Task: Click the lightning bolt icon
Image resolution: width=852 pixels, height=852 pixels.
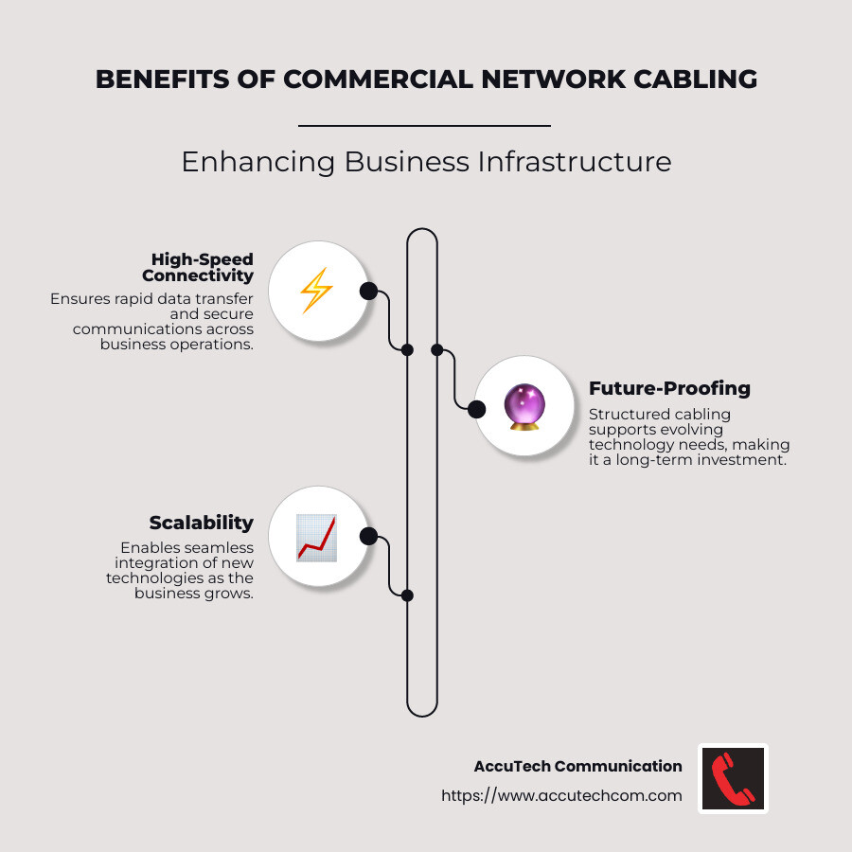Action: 316,291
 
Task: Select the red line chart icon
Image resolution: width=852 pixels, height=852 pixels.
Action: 316,537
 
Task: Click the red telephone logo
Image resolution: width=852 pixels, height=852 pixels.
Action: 733,778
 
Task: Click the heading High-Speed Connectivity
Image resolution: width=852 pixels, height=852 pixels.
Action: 198,267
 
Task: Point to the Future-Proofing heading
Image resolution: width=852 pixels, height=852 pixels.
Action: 669,388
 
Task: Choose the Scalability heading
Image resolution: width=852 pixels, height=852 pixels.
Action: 201,523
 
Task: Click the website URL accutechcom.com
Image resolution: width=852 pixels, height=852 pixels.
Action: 561,795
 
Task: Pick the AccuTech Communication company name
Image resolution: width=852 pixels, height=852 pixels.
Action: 577,766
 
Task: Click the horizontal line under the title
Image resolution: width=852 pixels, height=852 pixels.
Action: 424,125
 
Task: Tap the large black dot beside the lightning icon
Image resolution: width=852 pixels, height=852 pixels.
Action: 368,291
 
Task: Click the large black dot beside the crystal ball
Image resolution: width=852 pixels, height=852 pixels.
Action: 476,409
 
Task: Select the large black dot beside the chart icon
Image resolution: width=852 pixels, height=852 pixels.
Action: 368,537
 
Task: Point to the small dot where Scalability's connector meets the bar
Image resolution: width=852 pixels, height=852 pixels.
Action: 407,595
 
